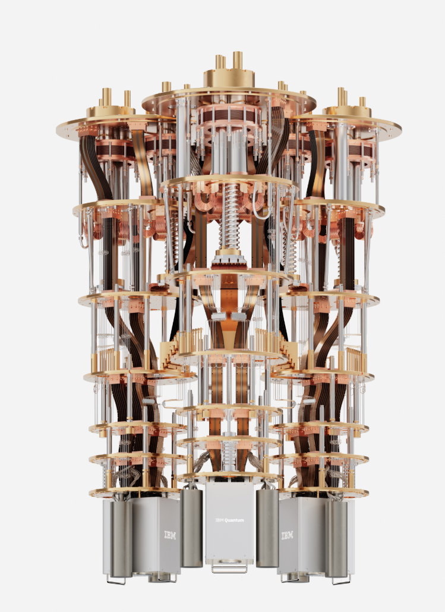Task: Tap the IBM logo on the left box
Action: coord(170,535)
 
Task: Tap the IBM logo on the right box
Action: coord(287,535)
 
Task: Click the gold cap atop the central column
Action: coord(229,78)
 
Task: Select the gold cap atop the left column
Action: coord(111,111)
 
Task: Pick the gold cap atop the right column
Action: coord(348,111)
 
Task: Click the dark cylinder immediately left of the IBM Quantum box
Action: coord(191,528)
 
